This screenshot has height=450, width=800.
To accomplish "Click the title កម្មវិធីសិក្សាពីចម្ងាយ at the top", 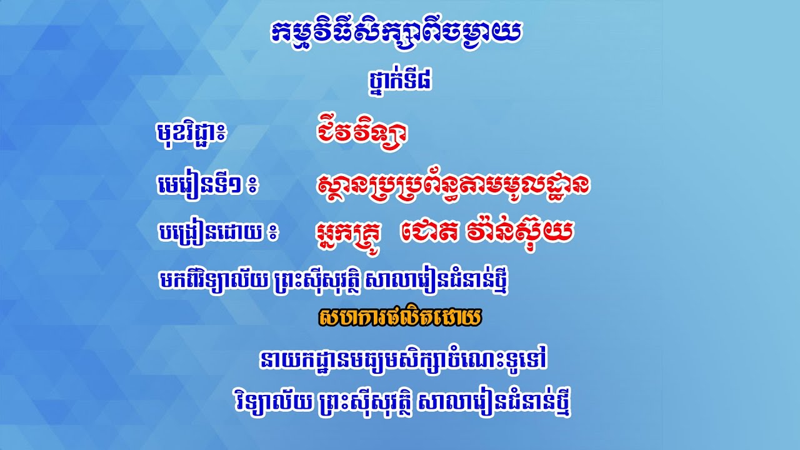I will pyautogui.click(x=396, y=35).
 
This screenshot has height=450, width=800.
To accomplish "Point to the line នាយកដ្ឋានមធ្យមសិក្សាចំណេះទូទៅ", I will pyautogui.click(x=406, y=361).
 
